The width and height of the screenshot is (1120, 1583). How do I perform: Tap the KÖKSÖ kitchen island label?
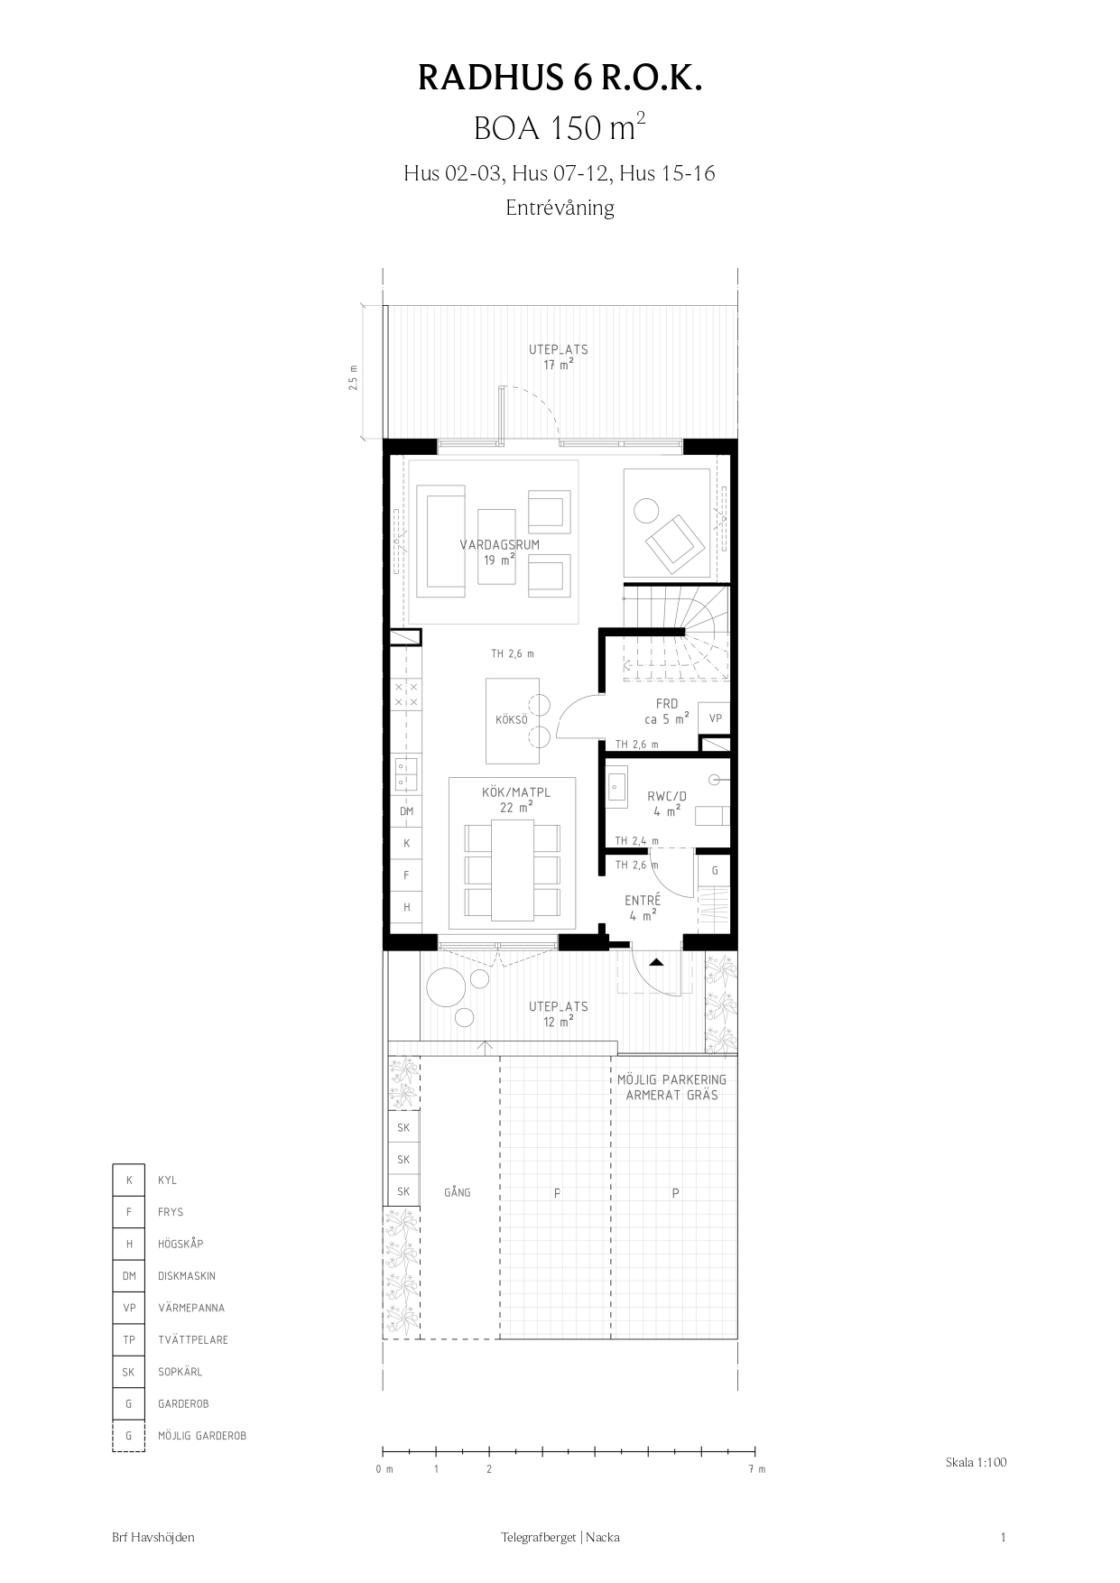click(x=511, y=720)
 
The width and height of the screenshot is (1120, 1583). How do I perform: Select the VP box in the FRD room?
click(x=715, y=718)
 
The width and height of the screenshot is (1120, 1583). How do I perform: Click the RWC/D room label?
click(x=667, y=796)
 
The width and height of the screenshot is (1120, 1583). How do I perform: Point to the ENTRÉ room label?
click(x=643, y=900)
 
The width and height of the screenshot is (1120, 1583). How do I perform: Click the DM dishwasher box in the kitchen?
click(x=407, y=811)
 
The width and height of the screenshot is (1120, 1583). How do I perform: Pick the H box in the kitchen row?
click(x=407, y=907)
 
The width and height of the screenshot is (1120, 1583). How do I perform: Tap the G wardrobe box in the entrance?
click(x=715, y=871)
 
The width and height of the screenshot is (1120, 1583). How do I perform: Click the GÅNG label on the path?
click(x=458, y=1192)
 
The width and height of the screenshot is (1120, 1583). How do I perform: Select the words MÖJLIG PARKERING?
click(x=671, y=1079)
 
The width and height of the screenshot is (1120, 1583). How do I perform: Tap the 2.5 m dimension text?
click(x=353, y=376)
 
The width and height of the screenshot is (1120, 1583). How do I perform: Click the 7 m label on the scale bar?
click(x=756, y=1469)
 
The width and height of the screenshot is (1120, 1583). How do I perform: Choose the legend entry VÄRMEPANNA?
click(x=191, y=1308)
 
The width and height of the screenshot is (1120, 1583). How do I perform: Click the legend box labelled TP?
click(x=129, y=1340)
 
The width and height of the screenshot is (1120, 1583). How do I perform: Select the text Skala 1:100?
click(x=976, y=1462)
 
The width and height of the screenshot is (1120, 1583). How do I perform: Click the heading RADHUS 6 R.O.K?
click(x=560, y=79)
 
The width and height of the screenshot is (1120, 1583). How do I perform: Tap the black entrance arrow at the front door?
click(x=656, y=962)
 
